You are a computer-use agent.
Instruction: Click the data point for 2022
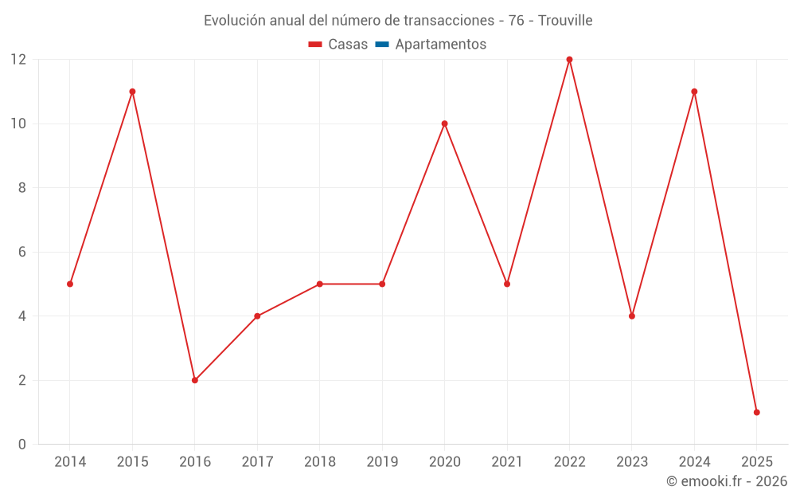tap(569, 60)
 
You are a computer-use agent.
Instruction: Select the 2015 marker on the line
tap(132, 92)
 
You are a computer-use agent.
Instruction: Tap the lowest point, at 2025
tap(756, 412)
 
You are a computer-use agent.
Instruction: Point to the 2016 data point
tap(195, 380)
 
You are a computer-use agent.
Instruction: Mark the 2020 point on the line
tap(444, 124)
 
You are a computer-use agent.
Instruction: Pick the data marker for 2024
tap(694, 92)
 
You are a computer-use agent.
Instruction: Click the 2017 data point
tap(257, 316)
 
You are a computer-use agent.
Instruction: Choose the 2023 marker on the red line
tap(632, 316)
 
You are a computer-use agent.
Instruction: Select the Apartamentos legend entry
tap(440, 45)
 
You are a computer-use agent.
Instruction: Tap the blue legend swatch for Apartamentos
tap(382, 45)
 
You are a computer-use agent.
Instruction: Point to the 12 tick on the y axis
tap(18, 60)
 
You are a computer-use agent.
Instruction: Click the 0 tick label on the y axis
tap(21, 444)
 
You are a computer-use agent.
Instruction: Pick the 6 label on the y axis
tap(21, 252)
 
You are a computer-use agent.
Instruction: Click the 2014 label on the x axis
tap(70, 462)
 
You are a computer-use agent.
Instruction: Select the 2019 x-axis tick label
tap(382, 462)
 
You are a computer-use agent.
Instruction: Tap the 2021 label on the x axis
tap(507, 462)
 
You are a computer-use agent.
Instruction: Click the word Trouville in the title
tap(564, 21)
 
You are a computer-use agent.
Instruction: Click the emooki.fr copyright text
tap(727, 481)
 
